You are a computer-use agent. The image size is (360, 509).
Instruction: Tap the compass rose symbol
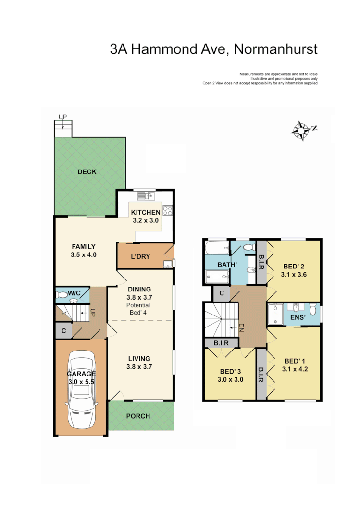pos(301,130)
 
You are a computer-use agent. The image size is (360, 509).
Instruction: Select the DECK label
pos(87,172)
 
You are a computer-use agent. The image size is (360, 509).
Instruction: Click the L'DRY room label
pos(140,256)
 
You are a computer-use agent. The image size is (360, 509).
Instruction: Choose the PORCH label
pos(138,416)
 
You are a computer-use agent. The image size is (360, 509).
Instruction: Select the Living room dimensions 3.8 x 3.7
pos(139,367)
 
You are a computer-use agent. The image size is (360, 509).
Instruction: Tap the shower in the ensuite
pos(275,315)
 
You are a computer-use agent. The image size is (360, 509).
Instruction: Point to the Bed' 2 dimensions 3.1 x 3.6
pos(294,275)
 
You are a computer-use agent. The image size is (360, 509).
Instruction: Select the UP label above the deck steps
pos(62,117)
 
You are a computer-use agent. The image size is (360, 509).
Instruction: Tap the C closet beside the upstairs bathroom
pos(222,293)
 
